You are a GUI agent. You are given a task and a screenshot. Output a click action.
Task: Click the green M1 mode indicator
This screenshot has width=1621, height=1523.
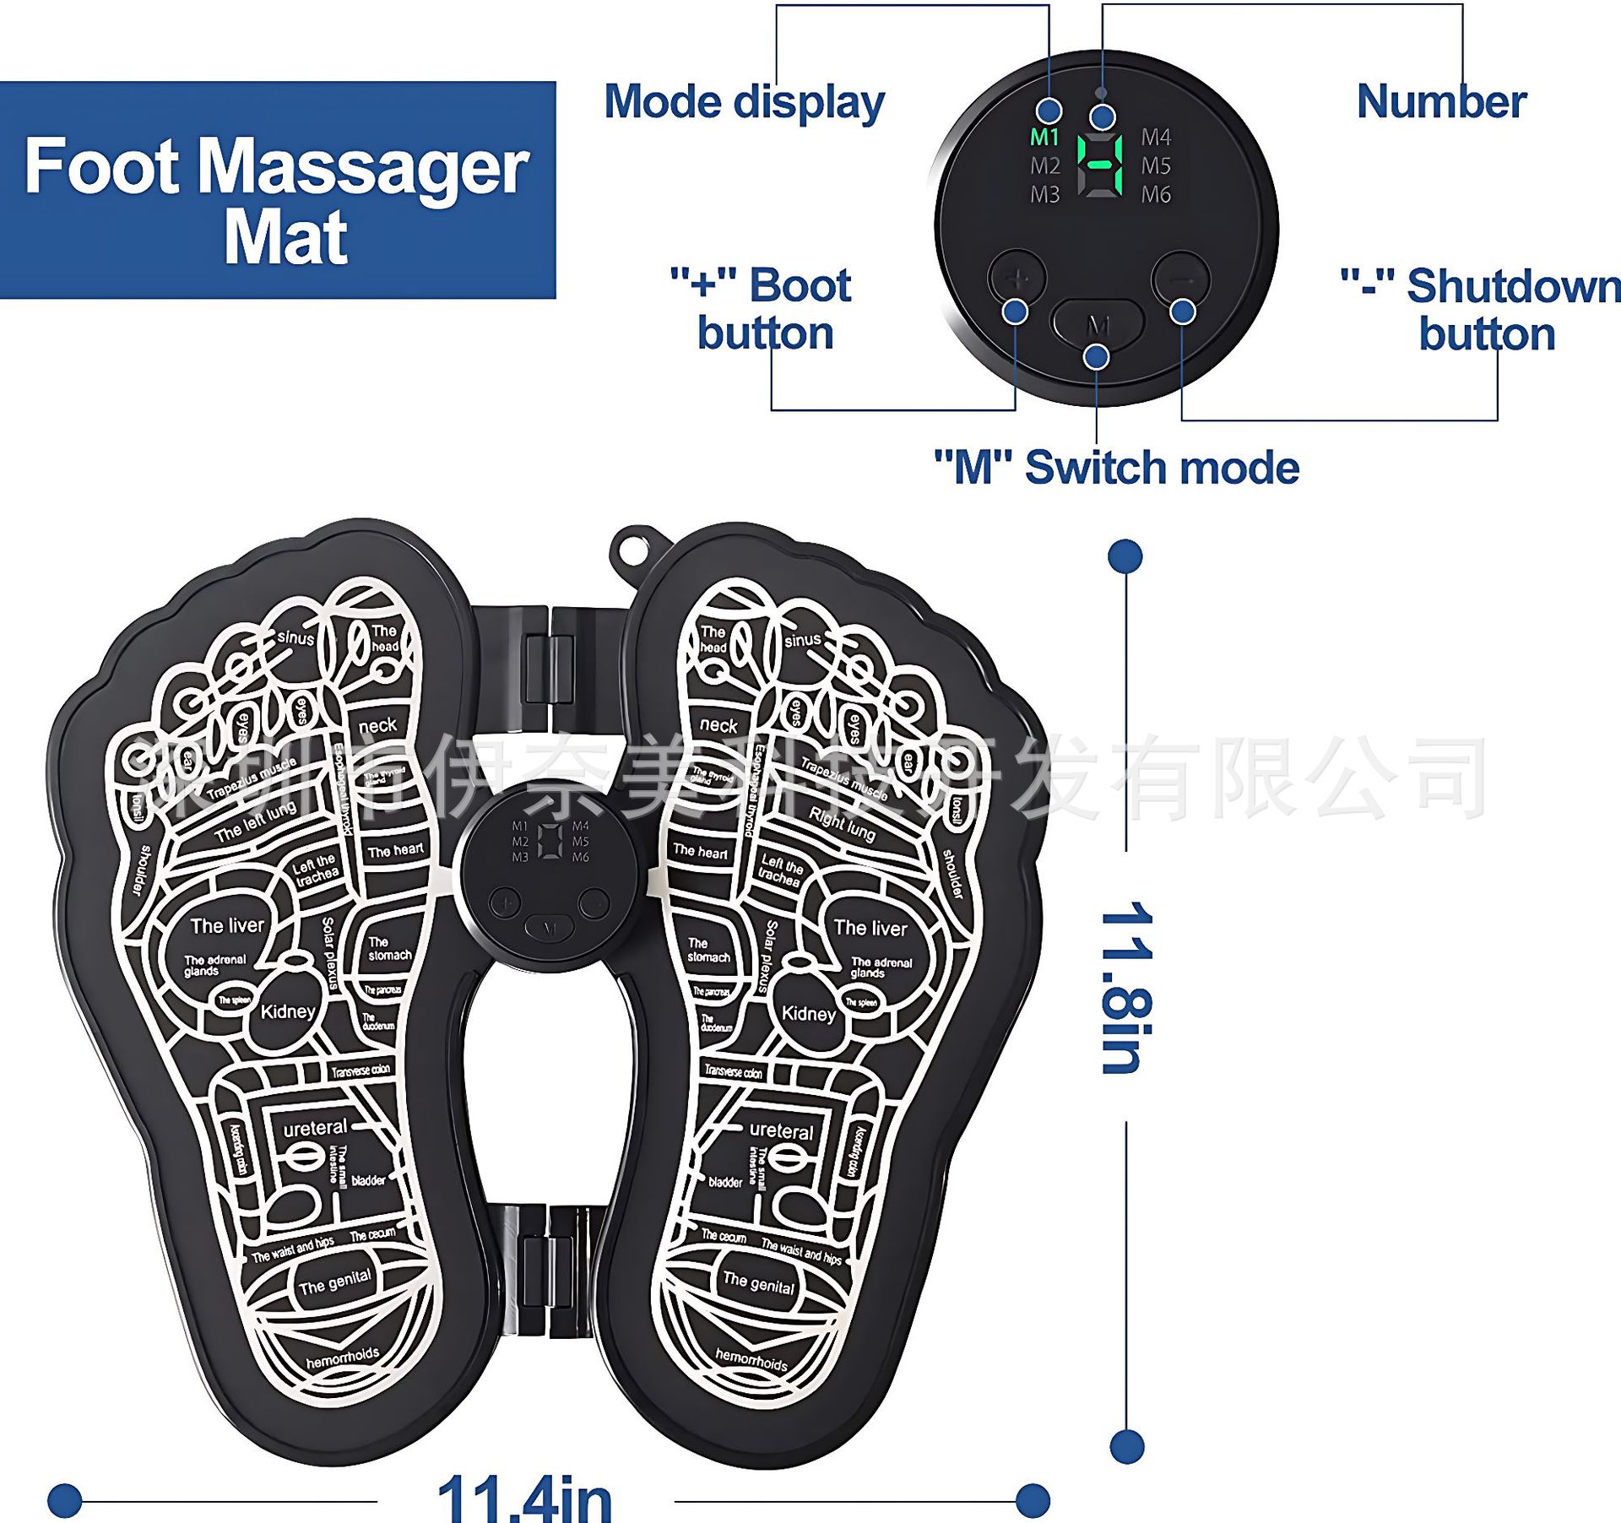pyautogui.click(x=1044, y=137)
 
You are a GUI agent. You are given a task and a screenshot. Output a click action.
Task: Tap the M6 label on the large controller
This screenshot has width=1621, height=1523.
pyautogui.click(x=1156, y=195)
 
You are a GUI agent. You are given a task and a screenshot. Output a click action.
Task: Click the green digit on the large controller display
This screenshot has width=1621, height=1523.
pyautogui.click(x=1100, y=165)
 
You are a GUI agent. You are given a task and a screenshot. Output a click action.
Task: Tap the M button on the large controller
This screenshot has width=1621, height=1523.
pyautogui.click(x=1097, y=324)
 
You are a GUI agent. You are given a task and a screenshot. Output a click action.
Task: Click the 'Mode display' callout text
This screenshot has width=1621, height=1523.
pyautogui.click(x=744, y=102)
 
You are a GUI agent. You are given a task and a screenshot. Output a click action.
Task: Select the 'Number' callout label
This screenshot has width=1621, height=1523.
pyautogui.click(x=1441, y=102)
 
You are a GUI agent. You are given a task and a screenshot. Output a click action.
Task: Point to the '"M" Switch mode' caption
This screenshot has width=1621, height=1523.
pyautogui.click(x=1116, y=467)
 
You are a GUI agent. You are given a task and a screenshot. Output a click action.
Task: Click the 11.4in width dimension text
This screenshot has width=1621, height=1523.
pyautogui.click(x=524, y=1498)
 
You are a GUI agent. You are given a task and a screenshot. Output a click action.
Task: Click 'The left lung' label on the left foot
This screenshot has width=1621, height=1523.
pyautogui.click(x=255, y=821)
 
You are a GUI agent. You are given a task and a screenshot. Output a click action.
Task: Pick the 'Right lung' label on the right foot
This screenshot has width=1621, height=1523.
pyautogui.click(x=842, y=823)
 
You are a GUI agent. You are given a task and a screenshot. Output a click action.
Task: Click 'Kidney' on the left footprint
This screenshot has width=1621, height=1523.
pyautogui.click(x=288, y=1011)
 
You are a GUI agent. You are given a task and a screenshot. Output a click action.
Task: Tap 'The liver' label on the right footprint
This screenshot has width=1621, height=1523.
pyautogui.click(x=870, y=928)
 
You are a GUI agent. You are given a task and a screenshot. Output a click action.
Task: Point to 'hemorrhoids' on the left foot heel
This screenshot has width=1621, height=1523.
pyautogui.click(x=342, y=1358)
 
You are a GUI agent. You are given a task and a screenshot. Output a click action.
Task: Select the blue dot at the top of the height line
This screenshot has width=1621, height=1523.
pyautogui.click(x=1125, y=556)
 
